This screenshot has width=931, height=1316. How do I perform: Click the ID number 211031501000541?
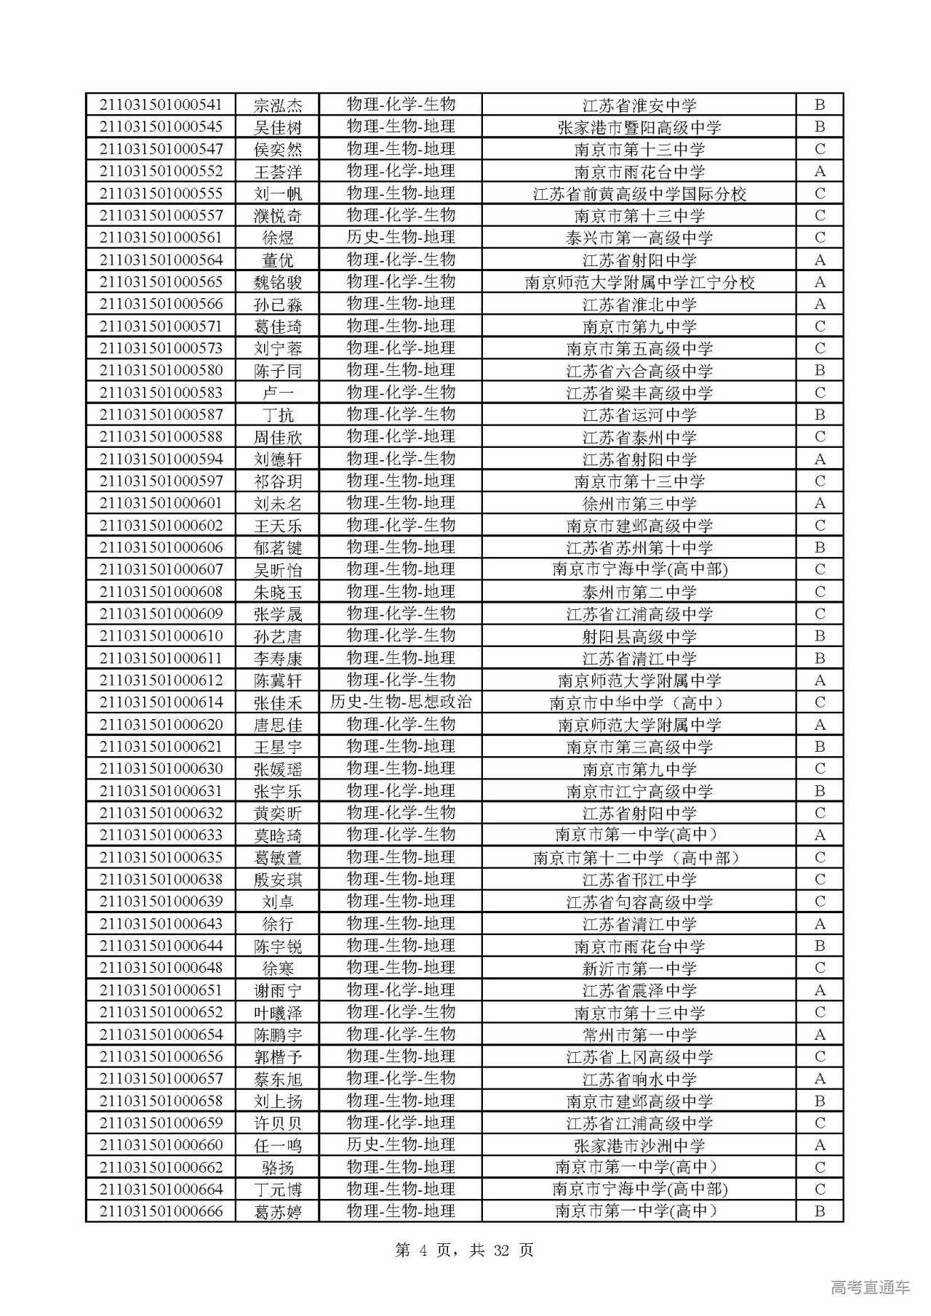pyautogui.click(x=161, y=105)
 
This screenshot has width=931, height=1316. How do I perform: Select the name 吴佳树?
pyautogui.click(x=277, y=127)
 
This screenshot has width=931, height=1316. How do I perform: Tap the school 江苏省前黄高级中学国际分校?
pyautogui.click(x=639, y=193)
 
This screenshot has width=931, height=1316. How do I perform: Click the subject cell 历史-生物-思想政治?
pyautogui.click(x=401, y=702)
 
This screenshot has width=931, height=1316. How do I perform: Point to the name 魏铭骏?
pyautogui.click(x=277, y=282)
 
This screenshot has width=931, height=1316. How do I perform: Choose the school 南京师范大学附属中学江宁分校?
pyautogui.click(x=639, y=282)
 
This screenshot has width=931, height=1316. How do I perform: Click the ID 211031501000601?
pyautogui.click(x=161, y=503)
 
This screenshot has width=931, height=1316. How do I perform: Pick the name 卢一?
pyautogui.click(x=277, y=393)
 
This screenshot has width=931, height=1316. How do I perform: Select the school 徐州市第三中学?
pyautogui.click(x=639, y=503)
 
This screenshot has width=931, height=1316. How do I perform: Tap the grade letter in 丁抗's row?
pyautogui.click(x=820, y=414)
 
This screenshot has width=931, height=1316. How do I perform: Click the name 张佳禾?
pyautogui.click(x=277, y=702)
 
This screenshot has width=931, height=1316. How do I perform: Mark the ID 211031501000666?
pyautogui.click(x=161, y=1211)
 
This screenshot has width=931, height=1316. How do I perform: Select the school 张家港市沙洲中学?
pyautogui.click(x=639, y=1145)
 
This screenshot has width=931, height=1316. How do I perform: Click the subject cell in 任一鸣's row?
pyautogui.click(x=401, y=1145)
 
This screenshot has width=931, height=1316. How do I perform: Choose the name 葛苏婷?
pyautogui.click(x=277, y=1211)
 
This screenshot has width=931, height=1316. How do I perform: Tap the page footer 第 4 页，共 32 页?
pyautogui.click(x=464, y=1250)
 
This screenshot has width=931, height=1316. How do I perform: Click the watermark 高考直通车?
pyautogui.click(x=870, y=1287)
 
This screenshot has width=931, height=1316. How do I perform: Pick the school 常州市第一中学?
pyautogui.click(x=639, y=1035)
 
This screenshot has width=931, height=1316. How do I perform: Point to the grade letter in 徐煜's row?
pyautogui.click(x=820, y=238)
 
